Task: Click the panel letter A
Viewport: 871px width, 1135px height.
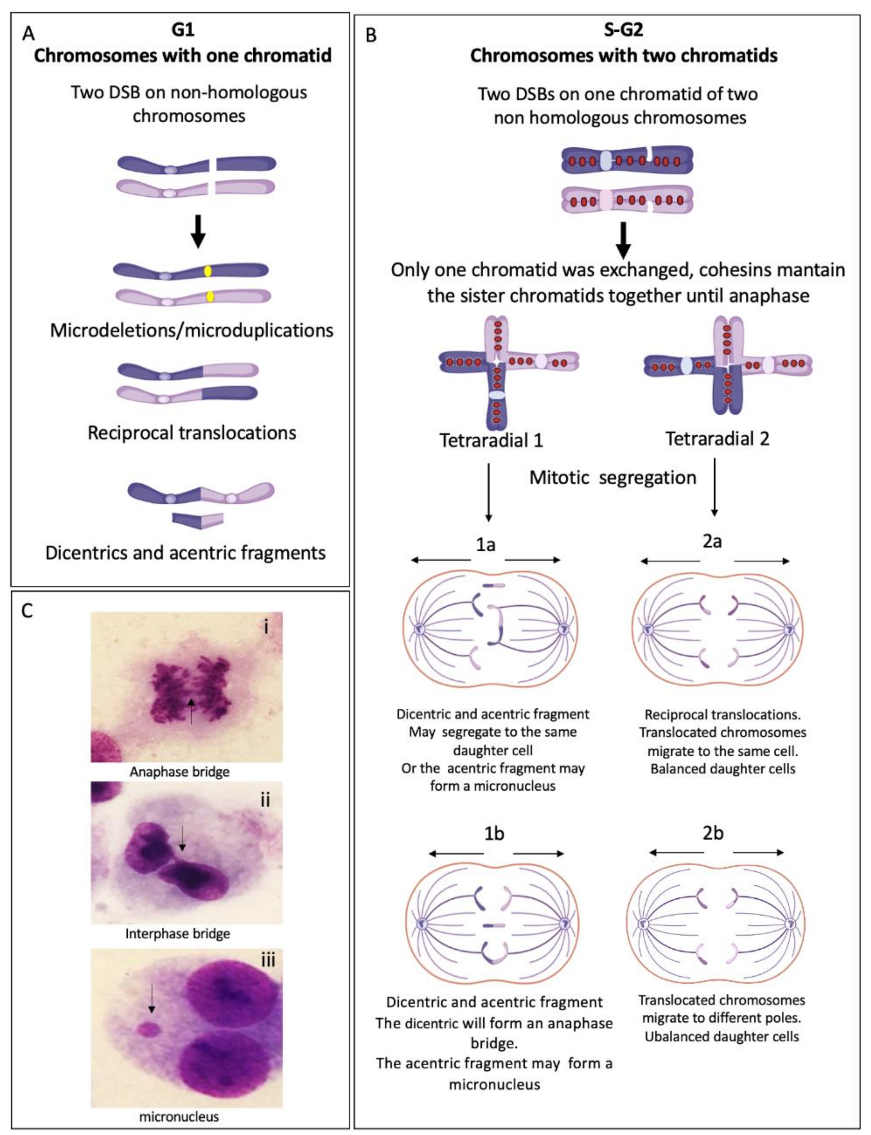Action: point(28,34)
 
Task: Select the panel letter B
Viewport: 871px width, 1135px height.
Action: point(371,35)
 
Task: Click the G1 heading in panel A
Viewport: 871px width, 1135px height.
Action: point(183,30)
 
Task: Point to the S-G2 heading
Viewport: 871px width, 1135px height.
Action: point(623,30)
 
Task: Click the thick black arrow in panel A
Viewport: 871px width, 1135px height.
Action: point(198,232)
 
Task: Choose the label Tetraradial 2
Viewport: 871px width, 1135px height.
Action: point(717,439)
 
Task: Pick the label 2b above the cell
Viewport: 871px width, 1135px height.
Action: point(712,833)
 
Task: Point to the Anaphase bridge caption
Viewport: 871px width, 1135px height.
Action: point(179,771)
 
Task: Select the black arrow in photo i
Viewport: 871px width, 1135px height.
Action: point(191,710)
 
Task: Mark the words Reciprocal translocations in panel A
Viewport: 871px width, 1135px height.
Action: point(191,432)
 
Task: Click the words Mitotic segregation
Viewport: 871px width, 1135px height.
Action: point(612,477)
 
